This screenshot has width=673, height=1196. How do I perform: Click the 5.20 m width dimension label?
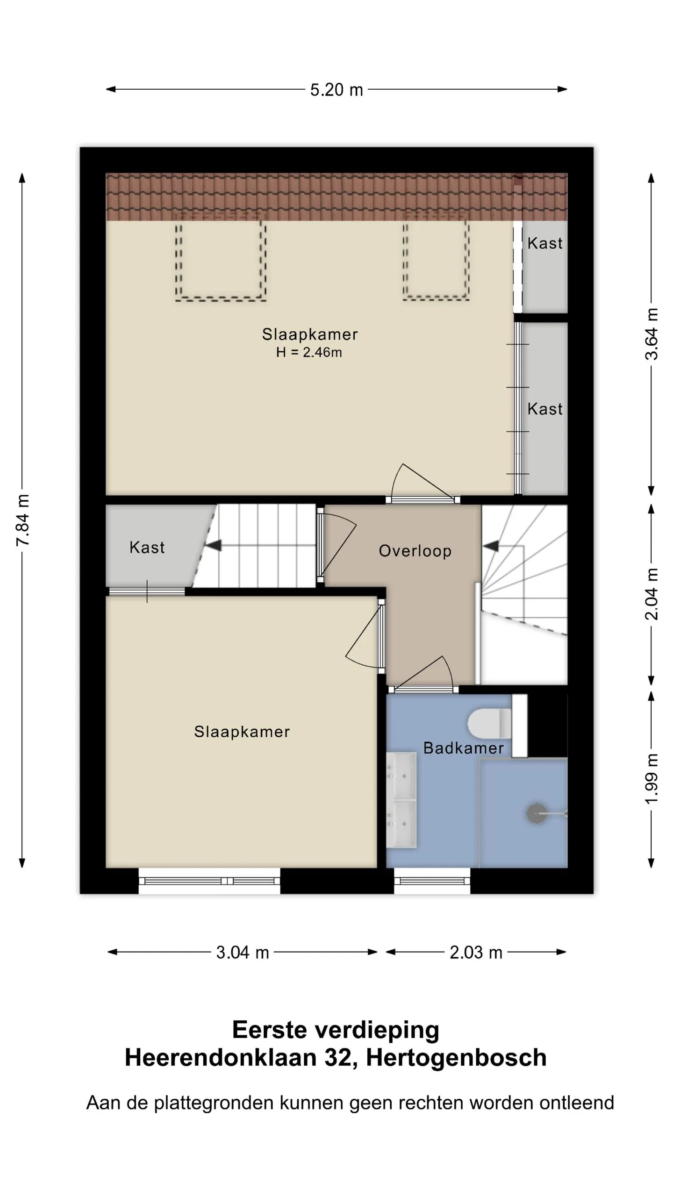(336, 90)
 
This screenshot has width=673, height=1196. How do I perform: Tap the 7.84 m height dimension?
(22, 520)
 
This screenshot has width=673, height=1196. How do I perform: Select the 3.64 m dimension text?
(652, 334)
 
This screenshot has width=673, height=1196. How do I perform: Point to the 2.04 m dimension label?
(652, 594)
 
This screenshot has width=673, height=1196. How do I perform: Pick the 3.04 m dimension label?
(243, 953)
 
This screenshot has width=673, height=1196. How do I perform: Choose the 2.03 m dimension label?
(476, 953)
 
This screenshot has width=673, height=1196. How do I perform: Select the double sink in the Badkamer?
(401, 800)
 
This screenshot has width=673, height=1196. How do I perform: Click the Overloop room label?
(415, 551)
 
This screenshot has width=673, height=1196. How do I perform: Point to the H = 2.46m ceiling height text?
(309, 352)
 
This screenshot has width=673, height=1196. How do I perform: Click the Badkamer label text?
(463, 748)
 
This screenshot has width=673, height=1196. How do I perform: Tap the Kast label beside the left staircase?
(147, 547)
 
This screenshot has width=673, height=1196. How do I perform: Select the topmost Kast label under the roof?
(545, 243)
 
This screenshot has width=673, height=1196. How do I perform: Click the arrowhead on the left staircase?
(213, 545)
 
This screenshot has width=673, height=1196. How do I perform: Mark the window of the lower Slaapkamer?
(209, 881)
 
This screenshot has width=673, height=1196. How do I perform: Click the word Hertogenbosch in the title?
(456, 1058)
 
